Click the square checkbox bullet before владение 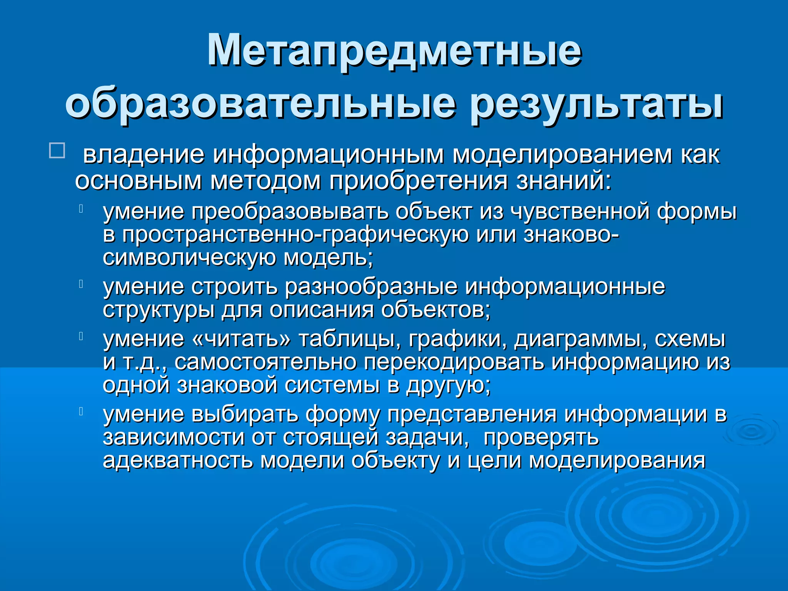tap(57, 150)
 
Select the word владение tap(144, 155)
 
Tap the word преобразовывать tap(290, 212)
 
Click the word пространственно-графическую tap(295, 235)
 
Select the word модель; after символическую tap(328, 258)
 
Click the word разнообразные tap(371, 287)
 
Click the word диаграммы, tap(581, 339)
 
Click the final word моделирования tap(617, 461)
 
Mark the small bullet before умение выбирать tap(81, 411)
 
